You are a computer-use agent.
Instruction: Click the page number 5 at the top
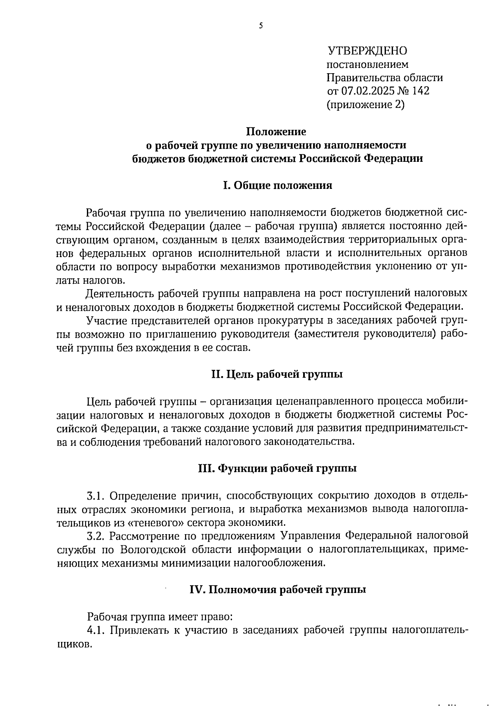coord(261,26)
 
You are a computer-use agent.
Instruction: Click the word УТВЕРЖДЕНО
coord(368,51)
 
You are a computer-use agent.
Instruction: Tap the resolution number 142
coord(421,91)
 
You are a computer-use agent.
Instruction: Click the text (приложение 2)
coord(366,104)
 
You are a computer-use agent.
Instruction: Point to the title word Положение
coord(276,131)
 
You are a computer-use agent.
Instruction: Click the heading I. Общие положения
coord(277,185)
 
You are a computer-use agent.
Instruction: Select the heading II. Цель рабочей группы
coord(277,374)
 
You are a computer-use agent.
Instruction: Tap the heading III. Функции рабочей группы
coord(277,468)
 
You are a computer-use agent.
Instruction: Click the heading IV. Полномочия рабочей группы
coord(277,590)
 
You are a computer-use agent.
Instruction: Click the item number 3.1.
coord(95,496)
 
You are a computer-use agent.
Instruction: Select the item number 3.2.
coord(96,536)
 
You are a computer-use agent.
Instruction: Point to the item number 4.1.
coord(95,630)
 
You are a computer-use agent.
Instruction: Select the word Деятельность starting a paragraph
coord(121,293)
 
